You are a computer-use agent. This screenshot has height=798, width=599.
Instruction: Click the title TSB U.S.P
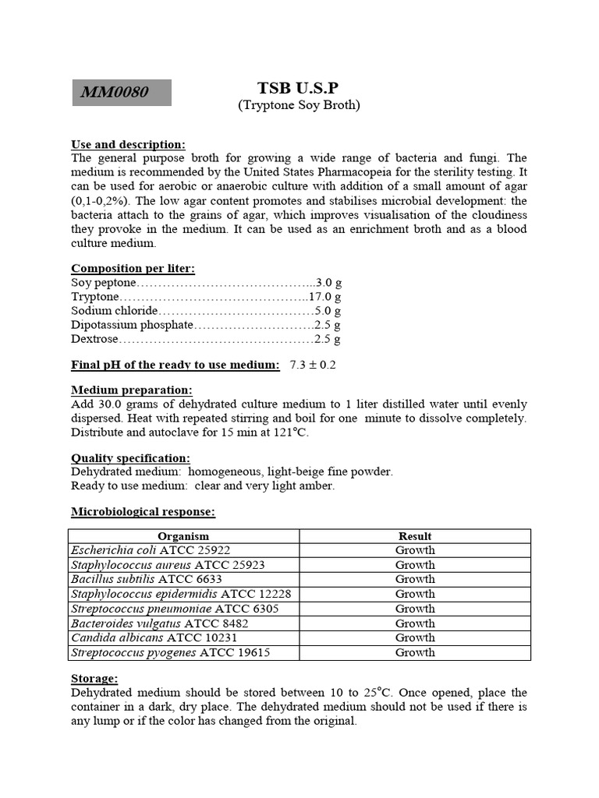(299, 88)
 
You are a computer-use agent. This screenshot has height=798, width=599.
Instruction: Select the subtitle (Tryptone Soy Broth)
(299, 105)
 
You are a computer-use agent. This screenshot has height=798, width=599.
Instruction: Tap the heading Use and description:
(128, 144)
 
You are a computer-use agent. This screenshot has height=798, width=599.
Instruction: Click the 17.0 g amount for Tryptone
(324, 297)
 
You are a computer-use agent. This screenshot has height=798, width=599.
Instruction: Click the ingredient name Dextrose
(94, 339)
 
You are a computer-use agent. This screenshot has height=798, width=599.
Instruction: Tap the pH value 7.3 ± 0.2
(312, 365)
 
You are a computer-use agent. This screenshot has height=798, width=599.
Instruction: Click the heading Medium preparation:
(131, 390)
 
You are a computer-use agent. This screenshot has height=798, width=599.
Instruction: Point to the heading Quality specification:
(130, 458)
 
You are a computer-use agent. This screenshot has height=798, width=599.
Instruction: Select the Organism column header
(183, 536)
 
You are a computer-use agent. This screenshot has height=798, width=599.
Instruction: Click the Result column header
(415, 536)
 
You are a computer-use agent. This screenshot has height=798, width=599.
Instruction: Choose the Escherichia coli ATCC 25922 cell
(151, 550)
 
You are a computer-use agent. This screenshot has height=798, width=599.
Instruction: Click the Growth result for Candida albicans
(415, 637)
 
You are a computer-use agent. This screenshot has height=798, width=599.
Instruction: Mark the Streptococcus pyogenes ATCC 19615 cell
(170, 652)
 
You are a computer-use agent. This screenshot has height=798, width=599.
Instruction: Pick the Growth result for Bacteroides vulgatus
(415, 623)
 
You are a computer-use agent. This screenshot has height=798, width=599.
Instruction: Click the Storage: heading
(94, 679)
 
